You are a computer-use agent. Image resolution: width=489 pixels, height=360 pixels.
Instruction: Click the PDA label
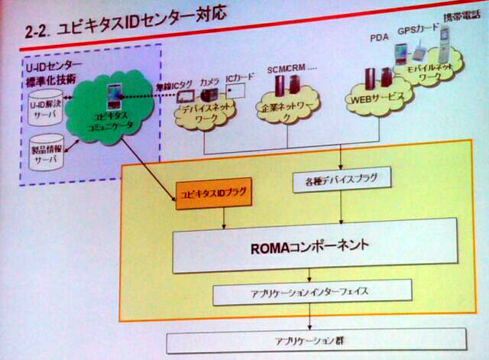point(378,36)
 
